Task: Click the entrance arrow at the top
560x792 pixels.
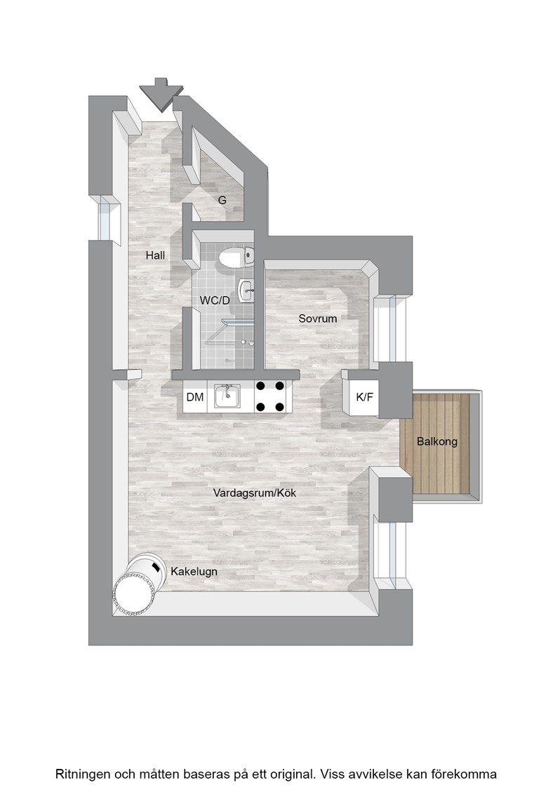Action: (x=161, y=93)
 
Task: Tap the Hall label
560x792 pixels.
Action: (x=155, y=255)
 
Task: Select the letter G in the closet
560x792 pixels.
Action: (x=222, y=200)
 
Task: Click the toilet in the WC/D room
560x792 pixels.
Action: (x=236, y=257)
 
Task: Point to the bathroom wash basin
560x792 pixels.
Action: (x=246, y=290)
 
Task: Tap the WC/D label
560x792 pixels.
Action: (x=215, y=300)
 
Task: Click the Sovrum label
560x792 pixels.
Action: (x=317, y=318)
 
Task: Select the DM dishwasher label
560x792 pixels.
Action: (x=195, y=397)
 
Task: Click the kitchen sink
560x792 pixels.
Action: (x=227, y=396)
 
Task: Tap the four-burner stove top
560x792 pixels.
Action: (x=270, y=396)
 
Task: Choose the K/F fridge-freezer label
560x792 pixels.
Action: (x=364, y=397)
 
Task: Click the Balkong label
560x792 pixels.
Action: (x=436, y=441)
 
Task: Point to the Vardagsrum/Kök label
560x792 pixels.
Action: (x=254, y=492)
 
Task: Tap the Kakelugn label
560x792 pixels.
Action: (x=194, y=572)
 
